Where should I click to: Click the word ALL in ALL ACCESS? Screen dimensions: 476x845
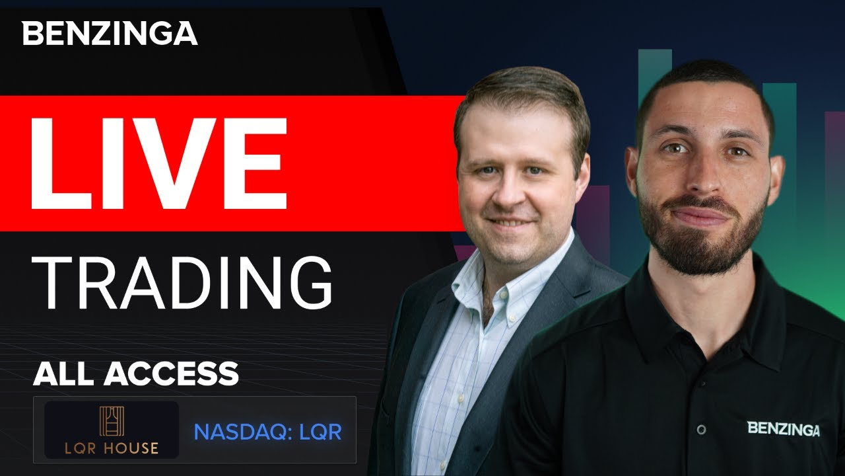(65, 374)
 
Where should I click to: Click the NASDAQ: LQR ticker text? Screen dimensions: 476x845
(267, 432)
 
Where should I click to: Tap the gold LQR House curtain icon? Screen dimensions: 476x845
(111, 421)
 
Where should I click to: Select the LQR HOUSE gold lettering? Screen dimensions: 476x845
(111, 448)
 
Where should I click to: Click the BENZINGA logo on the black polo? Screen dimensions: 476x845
(784, 428)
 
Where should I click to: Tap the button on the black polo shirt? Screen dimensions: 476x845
(700, 429)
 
